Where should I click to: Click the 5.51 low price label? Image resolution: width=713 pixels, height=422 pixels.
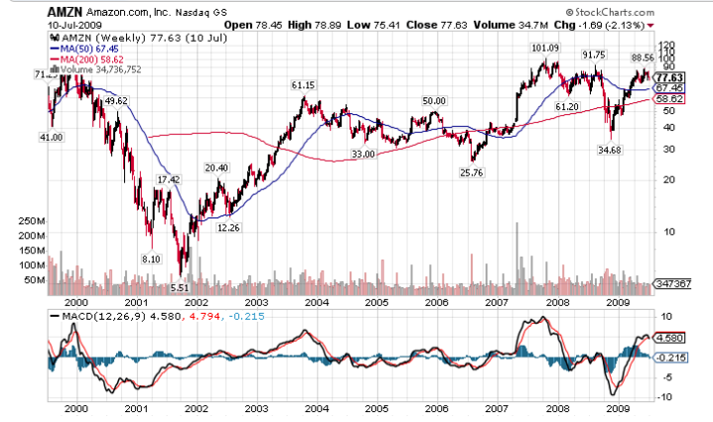[x=180, y=287]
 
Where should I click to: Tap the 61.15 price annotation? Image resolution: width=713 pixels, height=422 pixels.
[x=303, y=85]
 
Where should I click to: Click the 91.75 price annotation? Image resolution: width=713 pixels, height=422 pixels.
[x=594, y=55]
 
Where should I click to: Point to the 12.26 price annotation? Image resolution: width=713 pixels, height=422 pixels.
[x=228, y=227]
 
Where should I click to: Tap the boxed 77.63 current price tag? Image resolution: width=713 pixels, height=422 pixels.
[x=670, y=77]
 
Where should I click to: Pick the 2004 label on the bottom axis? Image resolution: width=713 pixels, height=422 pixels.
[x=316, y=407]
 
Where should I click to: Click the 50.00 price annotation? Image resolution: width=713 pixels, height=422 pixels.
[x=433, y=101]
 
